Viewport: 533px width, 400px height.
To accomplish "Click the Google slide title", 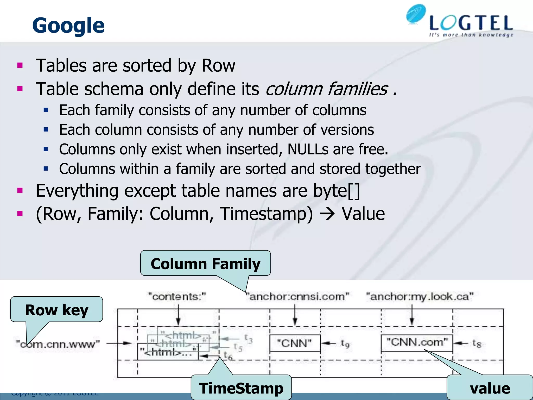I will pos(68,26).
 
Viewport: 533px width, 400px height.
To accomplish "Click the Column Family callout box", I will pos(205,264).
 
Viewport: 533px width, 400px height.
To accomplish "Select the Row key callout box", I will pos(56,310).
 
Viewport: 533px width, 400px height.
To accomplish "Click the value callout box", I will pos(490,388).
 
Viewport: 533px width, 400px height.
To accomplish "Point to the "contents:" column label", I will pos(177,297).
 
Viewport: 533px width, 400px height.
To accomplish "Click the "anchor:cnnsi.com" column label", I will pos(297,297).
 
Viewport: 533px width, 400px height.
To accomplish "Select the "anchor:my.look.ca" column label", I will pos(420,297).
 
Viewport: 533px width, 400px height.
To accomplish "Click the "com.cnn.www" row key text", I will pos(58,344).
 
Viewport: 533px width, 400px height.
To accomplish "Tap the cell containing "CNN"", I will pos(295,343).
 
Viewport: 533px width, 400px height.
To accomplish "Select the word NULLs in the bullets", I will pos(308,149).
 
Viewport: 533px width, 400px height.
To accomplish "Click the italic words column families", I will pos(327,89).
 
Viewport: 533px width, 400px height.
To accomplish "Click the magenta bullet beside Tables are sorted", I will pos(20,65).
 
